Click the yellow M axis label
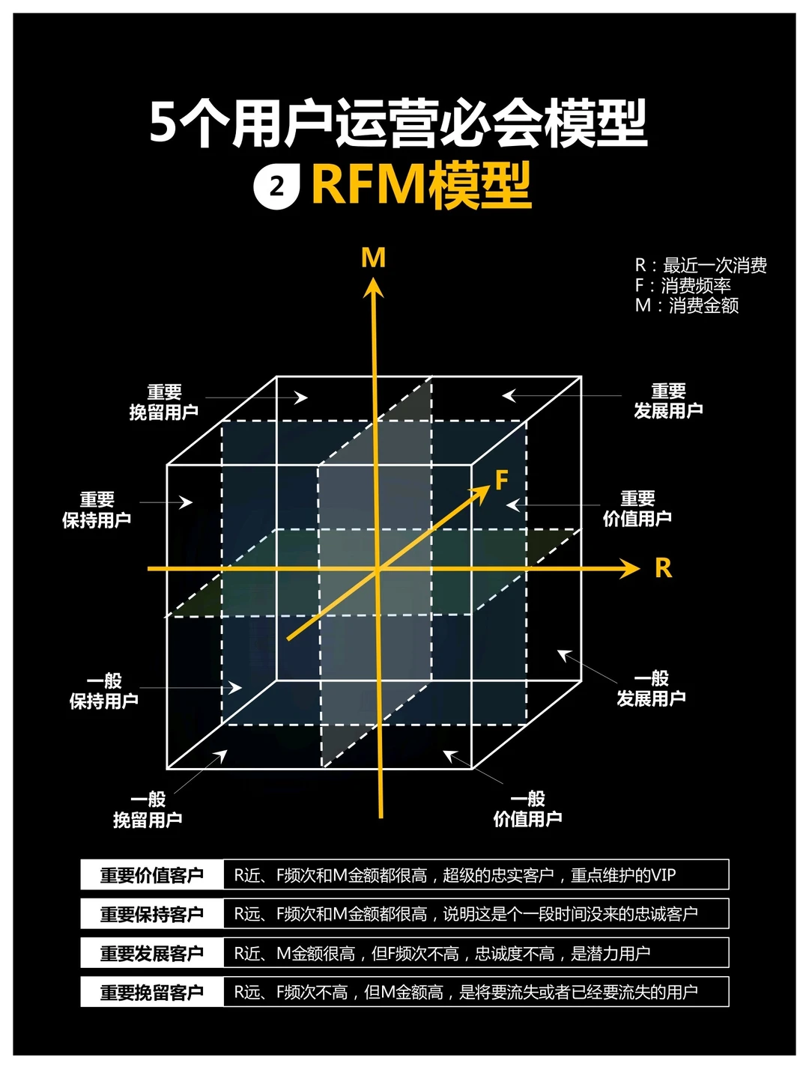[373, 258]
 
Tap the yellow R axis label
[663, 568]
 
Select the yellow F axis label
[502, 479]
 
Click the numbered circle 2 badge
[276, 186]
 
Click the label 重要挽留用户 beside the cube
[164, 402]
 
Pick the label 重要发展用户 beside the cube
[668, 401]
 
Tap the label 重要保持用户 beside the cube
[97, 510]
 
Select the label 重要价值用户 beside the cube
[637, 508]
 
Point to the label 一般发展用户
[651, 689]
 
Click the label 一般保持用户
[104, 691]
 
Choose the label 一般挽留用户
[148, 809]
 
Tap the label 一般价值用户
[527, 808]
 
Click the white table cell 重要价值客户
[152, 874]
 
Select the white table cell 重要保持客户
[152, 914]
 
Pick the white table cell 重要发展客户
[152, 953]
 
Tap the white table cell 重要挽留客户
[152, 992]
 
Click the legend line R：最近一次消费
[700, 265]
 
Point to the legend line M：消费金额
[687, 305]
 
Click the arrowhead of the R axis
[630, 569]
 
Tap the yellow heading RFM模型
[421, 185]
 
